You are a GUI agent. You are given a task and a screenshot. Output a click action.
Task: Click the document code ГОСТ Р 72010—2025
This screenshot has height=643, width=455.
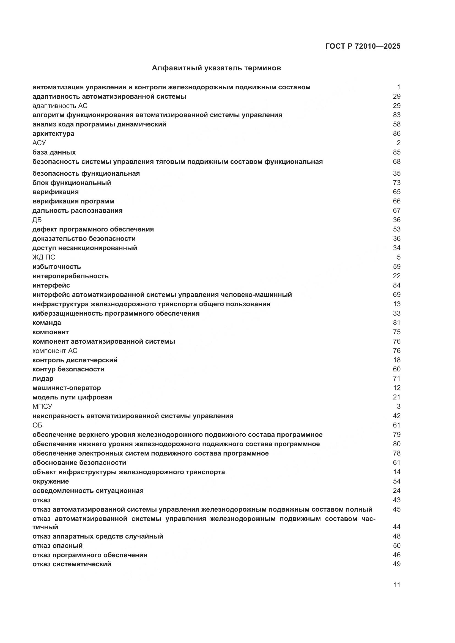[363, 46]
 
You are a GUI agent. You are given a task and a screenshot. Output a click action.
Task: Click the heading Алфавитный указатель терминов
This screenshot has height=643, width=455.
[216, 68]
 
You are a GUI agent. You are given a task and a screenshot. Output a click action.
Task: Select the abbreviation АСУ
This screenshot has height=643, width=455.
[39, 143]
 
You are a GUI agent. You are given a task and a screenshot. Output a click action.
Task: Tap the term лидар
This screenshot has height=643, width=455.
[43, 379]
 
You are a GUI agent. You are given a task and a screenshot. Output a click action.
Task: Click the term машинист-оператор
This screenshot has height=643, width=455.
[67, 388]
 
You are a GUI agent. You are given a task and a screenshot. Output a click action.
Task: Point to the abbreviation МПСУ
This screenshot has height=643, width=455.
[42, 406]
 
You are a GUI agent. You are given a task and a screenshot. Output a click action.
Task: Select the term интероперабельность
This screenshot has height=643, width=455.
[71, 276]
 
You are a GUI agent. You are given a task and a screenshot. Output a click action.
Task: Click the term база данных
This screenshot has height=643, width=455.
[54, 152]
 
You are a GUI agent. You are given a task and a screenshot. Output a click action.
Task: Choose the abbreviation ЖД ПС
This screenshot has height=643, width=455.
[44, 257]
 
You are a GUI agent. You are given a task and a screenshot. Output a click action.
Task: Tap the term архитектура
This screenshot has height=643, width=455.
[53, 134]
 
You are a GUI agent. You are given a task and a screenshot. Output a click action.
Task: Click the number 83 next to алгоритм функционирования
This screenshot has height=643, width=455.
[396, 115]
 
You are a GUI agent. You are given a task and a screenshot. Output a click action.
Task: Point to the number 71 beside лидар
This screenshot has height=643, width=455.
[396, 379]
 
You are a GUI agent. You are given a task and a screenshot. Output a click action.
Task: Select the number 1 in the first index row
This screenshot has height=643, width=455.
[398, 87]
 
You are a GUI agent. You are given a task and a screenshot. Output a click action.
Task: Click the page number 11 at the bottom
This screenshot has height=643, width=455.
[397, 585]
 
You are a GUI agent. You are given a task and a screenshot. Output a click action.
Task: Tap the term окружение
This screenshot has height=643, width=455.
[51, 481]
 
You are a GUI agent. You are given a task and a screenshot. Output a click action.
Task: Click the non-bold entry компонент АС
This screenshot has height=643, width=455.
[55, 351]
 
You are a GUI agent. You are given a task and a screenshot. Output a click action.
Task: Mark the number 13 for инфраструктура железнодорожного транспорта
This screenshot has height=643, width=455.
[396, 304]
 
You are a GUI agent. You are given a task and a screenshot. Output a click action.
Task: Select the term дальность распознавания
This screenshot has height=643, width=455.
[77, 211]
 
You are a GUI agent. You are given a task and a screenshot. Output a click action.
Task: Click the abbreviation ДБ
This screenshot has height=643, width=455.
[37, 220]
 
